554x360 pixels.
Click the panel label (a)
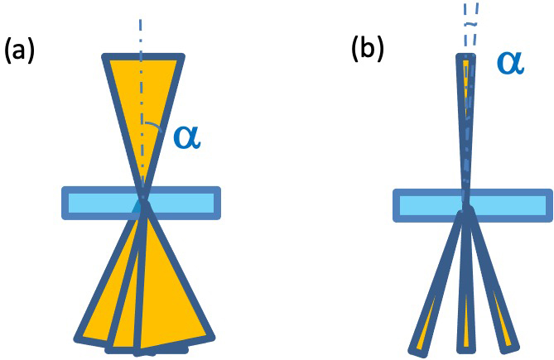pos(20,51)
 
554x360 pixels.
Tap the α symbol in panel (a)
pos(187,137)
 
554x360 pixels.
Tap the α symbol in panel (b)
pos(509,62)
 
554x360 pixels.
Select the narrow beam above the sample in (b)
pos(467,124)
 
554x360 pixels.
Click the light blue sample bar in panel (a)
pos(91,203)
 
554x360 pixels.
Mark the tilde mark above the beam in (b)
pos(470,24)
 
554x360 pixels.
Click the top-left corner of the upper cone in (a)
pos(105,57)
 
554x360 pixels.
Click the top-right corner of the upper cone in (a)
pos(181,57)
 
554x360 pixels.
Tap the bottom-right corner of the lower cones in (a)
pos(210,334)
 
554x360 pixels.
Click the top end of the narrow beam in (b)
pos(468,57)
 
